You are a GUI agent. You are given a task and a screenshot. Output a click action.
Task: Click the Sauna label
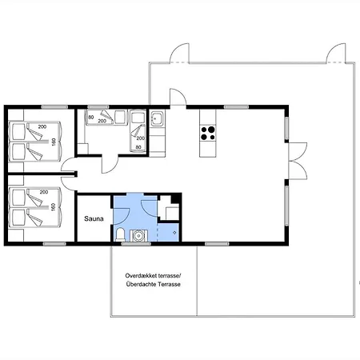click(94, 218)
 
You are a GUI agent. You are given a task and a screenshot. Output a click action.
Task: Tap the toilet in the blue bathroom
click(121, 234)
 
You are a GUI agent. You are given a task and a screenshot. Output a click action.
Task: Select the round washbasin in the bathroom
click(138, 236)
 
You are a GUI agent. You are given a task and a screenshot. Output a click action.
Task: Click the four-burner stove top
click(208, 134)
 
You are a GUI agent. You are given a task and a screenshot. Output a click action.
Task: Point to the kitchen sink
click(157, 118)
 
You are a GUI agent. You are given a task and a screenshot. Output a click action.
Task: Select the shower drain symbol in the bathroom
click(174, 233)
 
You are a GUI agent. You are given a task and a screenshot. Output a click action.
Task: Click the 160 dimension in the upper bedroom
click(54, 142)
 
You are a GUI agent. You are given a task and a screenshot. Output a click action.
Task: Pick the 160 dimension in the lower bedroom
click(54, 207)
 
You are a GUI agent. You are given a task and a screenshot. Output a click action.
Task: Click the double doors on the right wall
click(298, 161)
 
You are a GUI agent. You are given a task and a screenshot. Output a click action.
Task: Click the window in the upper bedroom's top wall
click(54, 107)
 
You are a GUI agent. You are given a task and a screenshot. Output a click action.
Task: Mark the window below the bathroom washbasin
click(136, 244)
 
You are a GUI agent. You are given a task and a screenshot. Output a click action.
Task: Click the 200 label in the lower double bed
click(44, 192)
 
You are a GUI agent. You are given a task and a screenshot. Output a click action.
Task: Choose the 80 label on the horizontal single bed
click(91, 118)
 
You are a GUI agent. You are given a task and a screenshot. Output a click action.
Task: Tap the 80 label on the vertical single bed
click(138, 147)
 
